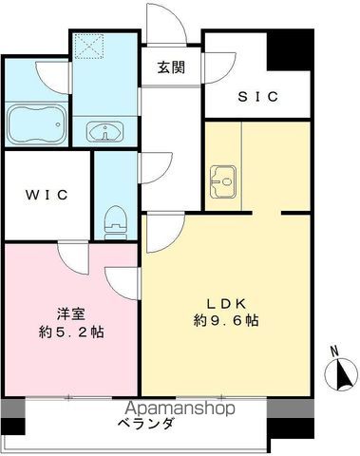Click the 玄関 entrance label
[x=172, y=67]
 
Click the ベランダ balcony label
[x=147, y=425]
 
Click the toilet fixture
[x=115, y=219]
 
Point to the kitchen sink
[x=225, y=178]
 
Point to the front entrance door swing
[x=156, y=21]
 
